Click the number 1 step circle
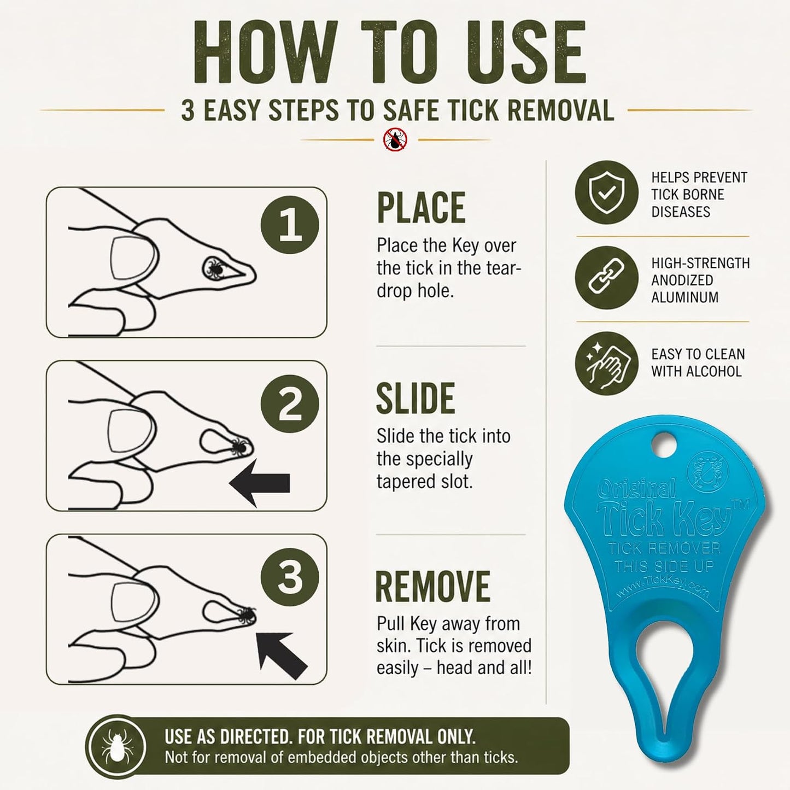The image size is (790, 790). (290, 225)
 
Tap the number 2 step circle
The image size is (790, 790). (290, 404)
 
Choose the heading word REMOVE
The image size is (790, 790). (433, 586)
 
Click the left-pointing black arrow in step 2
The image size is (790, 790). (260, 483)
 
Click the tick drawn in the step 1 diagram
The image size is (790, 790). (214, 268)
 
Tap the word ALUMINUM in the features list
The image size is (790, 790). (684, 297)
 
